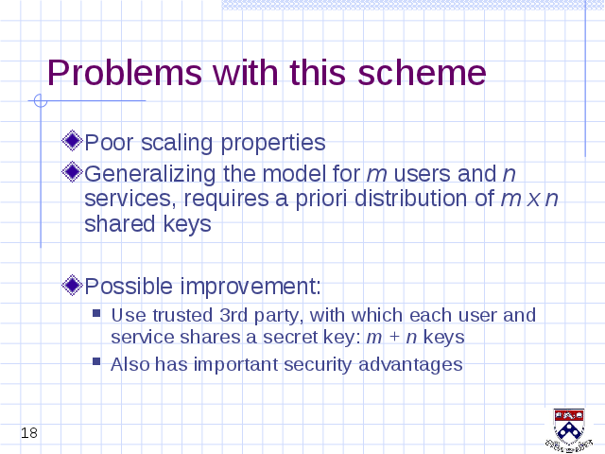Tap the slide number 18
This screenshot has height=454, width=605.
tap(29, 433)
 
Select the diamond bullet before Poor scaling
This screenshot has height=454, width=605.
tap(72, 141)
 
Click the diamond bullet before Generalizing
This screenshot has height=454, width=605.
tap(72, 171)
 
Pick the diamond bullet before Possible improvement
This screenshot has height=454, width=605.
tap(72, 285)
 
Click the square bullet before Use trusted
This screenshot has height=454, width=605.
tap(96, 312)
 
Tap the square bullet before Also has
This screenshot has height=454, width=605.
tap(96, 361)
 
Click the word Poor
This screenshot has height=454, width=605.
tap(109, 143)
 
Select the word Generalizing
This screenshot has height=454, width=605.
tap(149, 174)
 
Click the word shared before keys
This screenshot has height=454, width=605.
tap(120, 223)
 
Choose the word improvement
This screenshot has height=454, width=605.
tap(251, 287)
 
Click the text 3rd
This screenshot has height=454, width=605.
tap(233, 315)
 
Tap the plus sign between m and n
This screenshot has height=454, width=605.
tap(394, 337)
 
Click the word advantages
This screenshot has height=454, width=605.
tap(410, 365)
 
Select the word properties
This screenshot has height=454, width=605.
tap(273, 143)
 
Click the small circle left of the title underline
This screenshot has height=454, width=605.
tap(40, 101)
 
